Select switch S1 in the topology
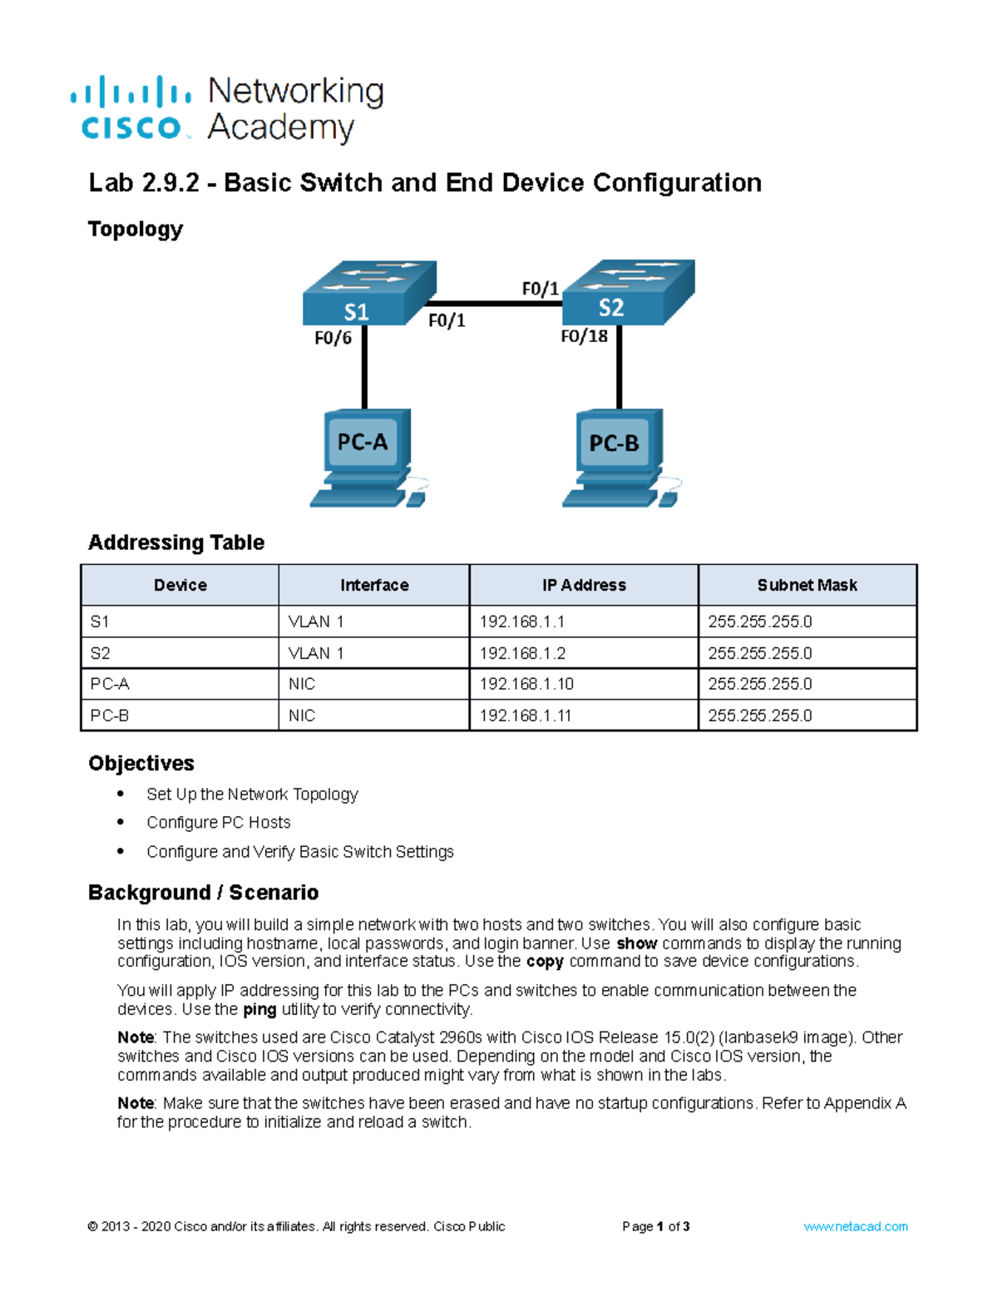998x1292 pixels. pos(366,295)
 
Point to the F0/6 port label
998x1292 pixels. pos(333,338)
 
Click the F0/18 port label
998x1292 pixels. pos(584,336)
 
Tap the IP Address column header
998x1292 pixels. pos(584,585)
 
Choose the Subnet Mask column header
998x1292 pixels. pos(807,585)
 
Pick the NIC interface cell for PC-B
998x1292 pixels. pos(302,715)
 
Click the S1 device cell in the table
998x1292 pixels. pos(100,621)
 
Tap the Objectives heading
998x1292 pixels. pos(141,763)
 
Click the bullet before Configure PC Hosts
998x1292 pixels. pos(121,822)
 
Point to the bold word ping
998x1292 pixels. pos(259,1009)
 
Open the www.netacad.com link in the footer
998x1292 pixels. pos(855,1226)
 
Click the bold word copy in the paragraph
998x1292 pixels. pos(545,961)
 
